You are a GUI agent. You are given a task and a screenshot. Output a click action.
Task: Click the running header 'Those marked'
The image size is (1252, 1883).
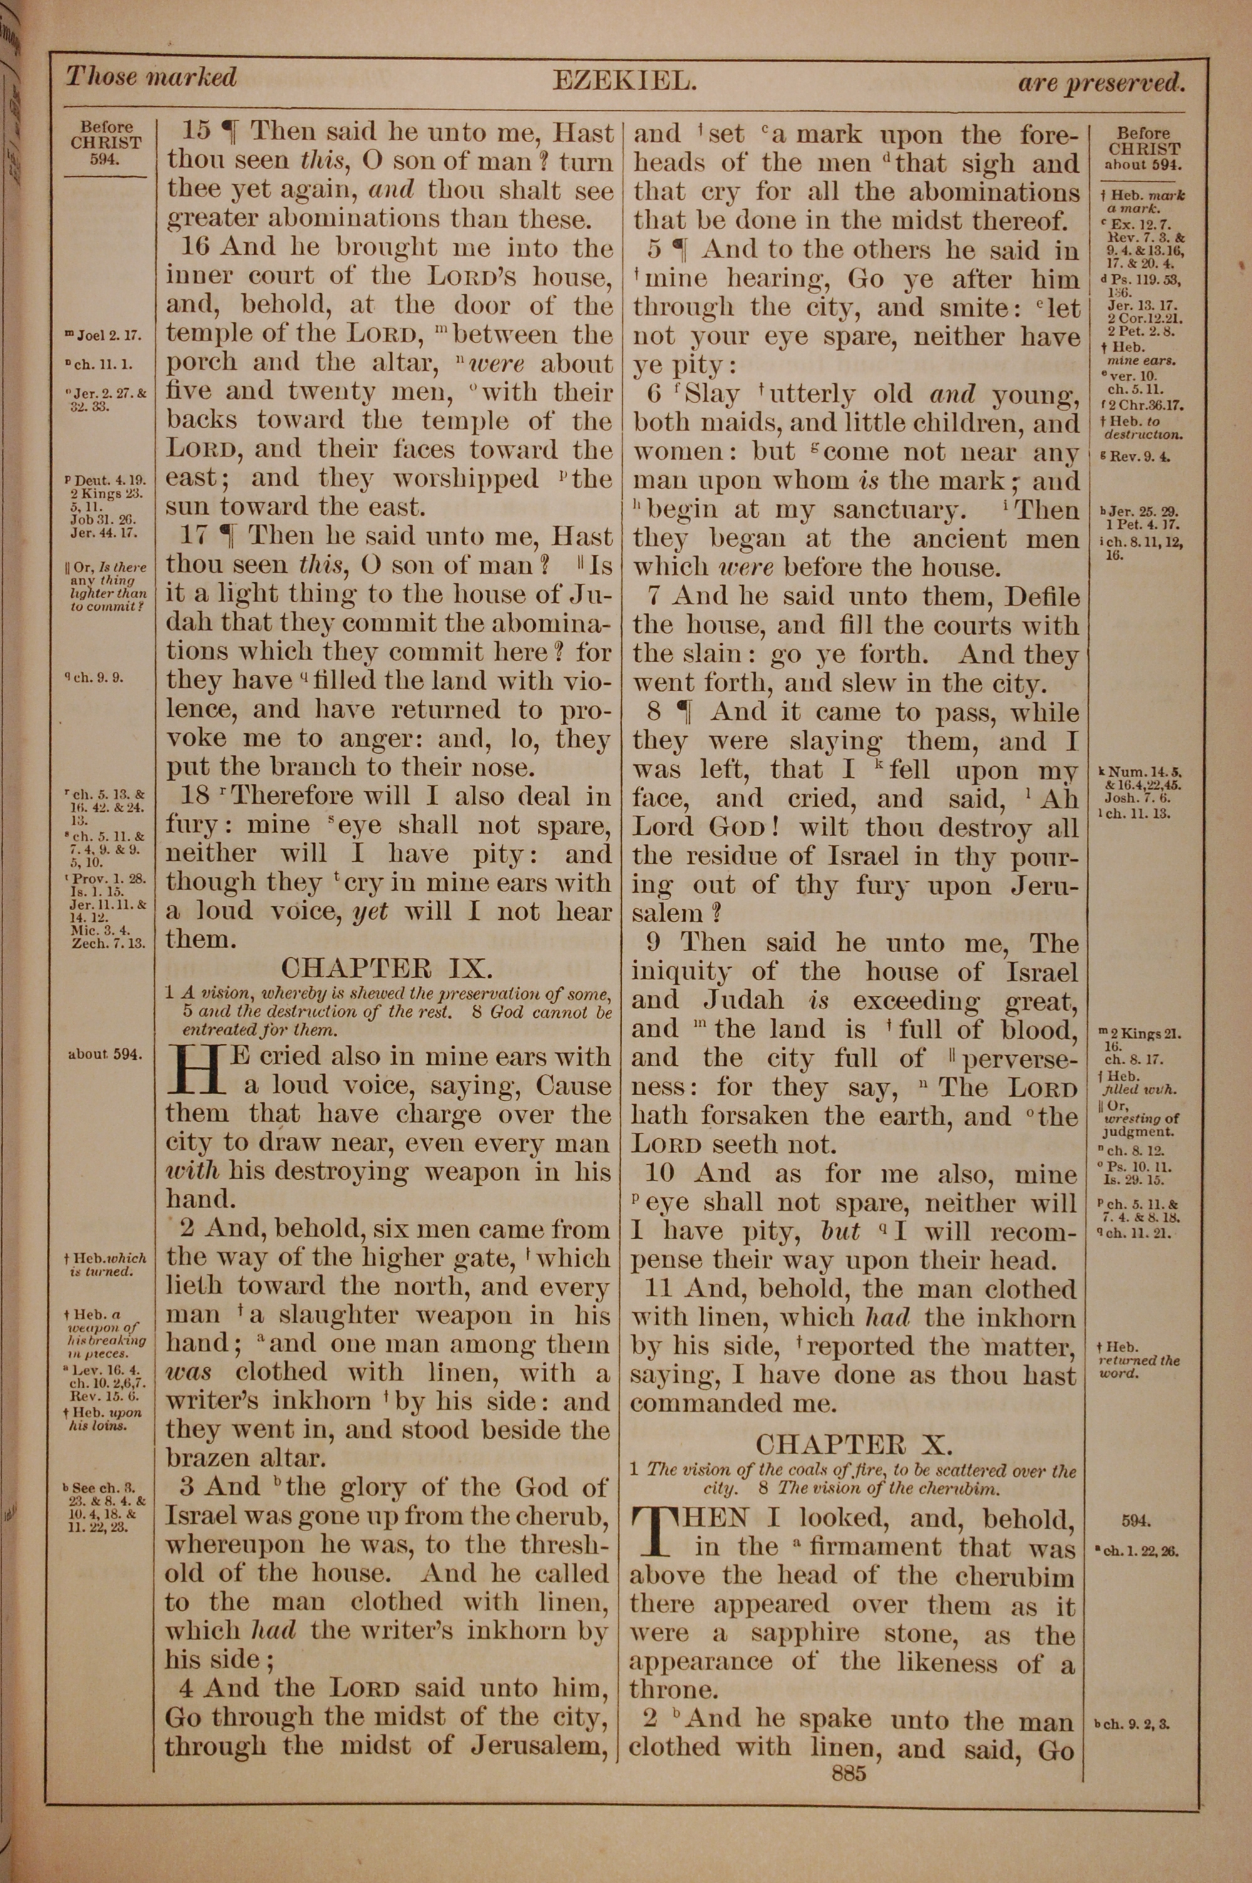point(151,78)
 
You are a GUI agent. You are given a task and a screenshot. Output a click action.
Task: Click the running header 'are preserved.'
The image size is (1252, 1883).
point(1101,81)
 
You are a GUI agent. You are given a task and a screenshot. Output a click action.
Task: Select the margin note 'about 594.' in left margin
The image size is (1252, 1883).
point(105,1054)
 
